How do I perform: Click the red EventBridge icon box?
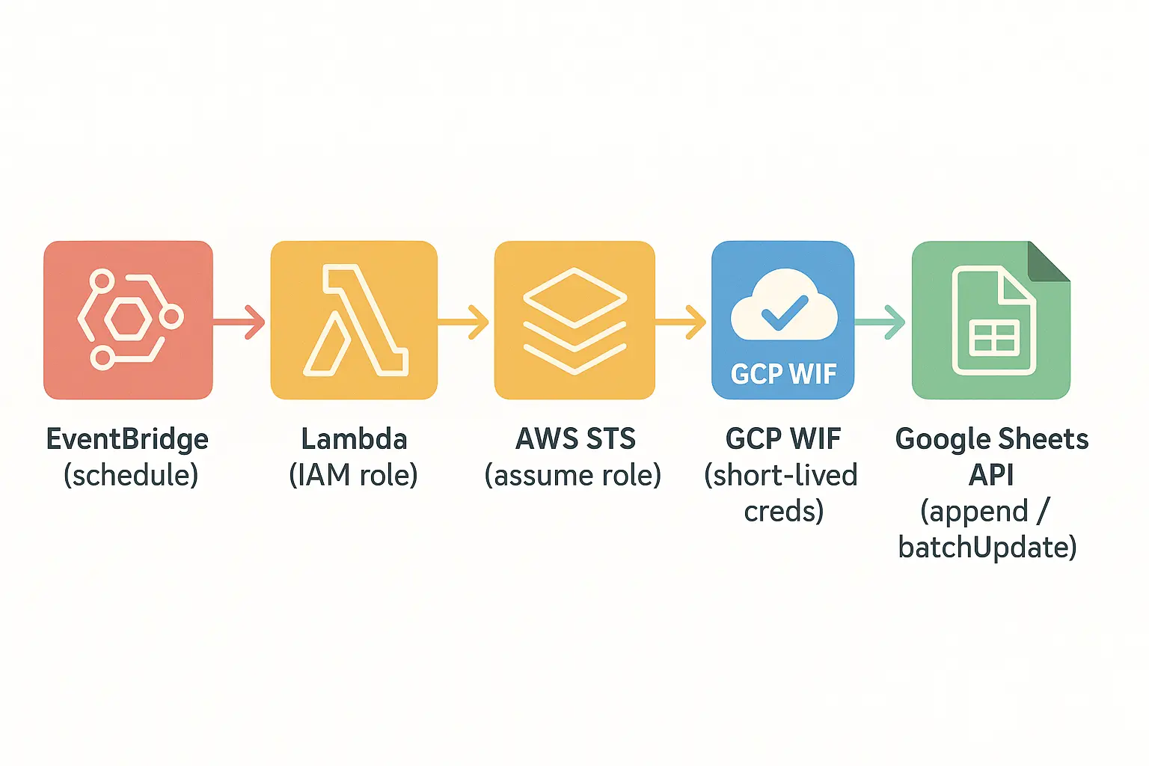pyautogui.click(x=128, y=319)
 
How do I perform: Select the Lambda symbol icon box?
pyautogui.click(x=354, y=319)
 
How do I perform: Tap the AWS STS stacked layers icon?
pyautogui.click(x=574, y=319)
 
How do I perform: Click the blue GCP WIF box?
pyautogui.click(x=782, y=319)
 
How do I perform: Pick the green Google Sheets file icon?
pyautogui.click(x=990, y=319)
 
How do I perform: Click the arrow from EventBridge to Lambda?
pyautogui.click(x=239, y=322)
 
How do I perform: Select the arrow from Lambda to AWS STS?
pyautogui.click(x=464, y=322)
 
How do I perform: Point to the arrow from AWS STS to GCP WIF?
pyautogui.click(x=681, y=322)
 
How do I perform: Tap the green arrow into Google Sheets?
pyautogui.click(x=881, y=322)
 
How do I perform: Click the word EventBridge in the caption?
pyautogui.click(x=127, y=439)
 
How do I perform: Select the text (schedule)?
pyautogui.click(x=131, y=476)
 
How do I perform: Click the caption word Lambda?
pyautogui.click(x=354, y=439)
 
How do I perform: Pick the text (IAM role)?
pyautogui.click(x=353, y=476)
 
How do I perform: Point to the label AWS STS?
pyautogui.click(x=575, y=439)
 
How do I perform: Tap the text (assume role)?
pyautogui.click(x=573, y=476)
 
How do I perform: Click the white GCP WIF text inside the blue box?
pyautogui.click(x=783, y=374)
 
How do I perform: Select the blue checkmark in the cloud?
pyautogui.click(x=784, y=313)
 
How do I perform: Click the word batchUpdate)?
pyautogui.click(x=987, y=548)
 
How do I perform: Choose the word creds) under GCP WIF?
pyautogui.click(x=783, y=512)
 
